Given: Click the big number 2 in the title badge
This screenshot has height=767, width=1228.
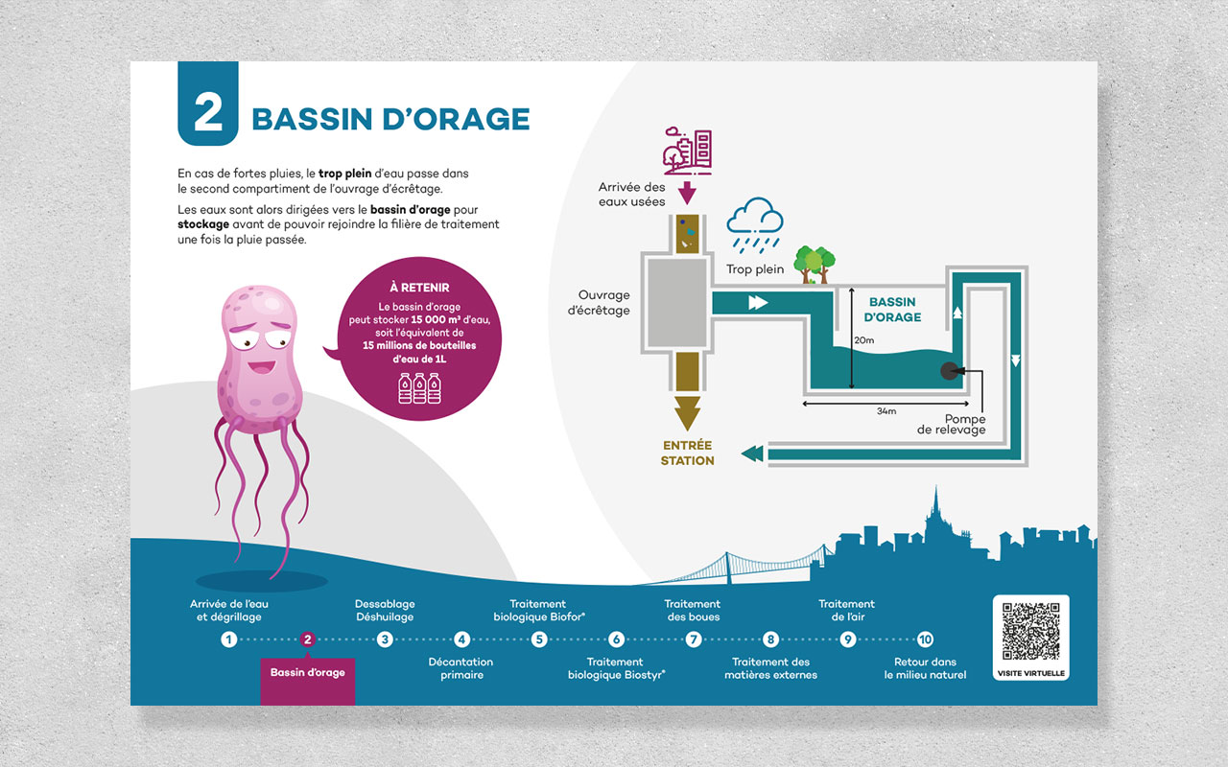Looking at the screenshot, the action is pyautogui.click(x=208, y=112).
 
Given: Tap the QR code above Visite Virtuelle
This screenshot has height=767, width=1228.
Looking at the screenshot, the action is pyautogui.click(x=1030, y=631).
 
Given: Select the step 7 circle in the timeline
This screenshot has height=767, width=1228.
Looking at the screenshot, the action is pyautogui.click(x=694, y=639).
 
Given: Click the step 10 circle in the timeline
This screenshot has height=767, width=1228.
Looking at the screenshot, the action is pyautogui.click(x=925, y=639).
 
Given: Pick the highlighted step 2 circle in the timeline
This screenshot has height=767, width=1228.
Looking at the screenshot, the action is pyautogui.click(x=308, y=639).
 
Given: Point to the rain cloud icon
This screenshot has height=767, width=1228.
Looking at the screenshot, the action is pyautogui.click(x=755, y=225).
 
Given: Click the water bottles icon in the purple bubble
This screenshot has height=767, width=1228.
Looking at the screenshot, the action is pyautogui.click(x=419, y=388).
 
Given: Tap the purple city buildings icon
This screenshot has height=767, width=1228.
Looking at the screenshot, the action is pyautogui.click(x=688, y=151).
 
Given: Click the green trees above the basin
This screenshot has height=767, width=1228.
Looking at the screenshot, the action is pyautogui.click(x=815, y=264).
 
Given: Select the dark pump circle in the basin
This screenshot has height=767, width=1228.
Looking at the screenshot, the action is pyautogui.click(x=950, y=371).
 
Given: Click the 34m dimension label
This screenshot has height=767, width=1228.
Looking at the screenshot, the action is pyautogui.click(x=886, y=411).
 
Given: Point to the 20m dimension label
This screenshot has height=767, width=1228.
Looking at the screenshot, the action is pyautogui.click(x=864, y=340).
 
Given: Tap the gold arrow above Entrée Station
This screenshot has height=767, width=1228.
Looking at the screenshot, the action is pyautogui.click(x=687, y=413).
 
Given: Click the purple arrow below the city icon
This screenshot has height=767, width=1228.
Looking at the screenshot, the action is pyautogui.click(x=687, y=193).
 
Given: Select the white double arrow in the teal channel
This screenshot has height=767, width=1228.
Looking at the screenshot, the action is pyautogui.click(x=758, y=302).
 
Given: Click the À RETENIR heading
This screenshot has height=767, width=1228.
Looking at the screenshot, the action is pyautogui.click(x=419, y=288).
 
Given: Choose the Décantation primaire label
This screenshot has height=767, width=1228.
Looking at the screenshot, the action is pyautogui.click(x=461, y=668).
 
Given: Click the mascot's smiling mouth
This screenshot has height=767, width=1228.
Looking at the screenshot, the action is pyautogui.click(x=262, y=366).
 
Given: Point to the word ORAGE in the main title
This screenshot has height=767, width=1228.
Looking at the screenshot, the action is pyautogui.click(x=471, y=119).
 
